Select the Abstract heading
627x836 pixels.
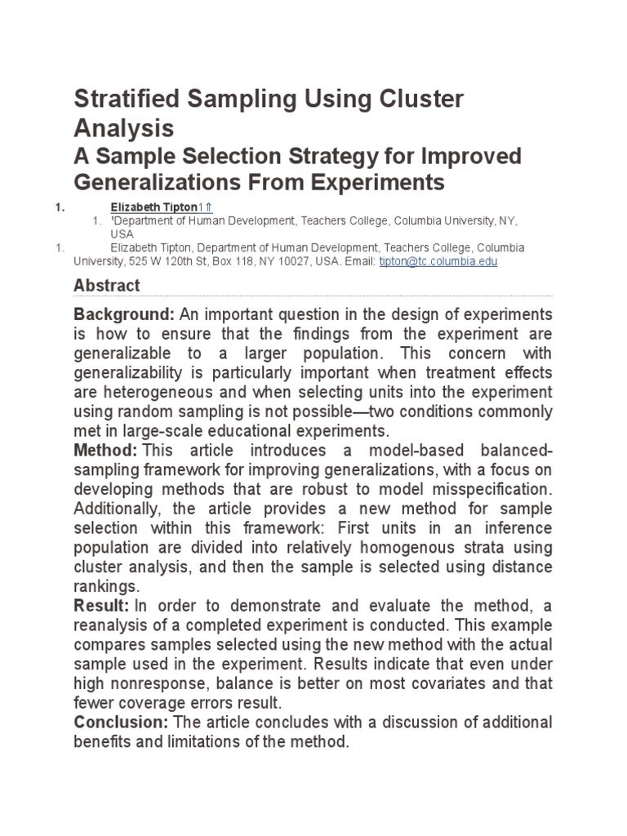pos(107,286)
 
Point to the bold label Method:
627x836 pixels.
pos(104,450)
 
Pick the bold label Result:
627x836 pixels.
pos(101,605)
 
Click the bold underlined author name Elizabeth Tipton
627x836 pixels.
pos(154,208)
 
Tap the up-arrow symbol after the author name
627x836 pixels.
pos(209,208)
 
